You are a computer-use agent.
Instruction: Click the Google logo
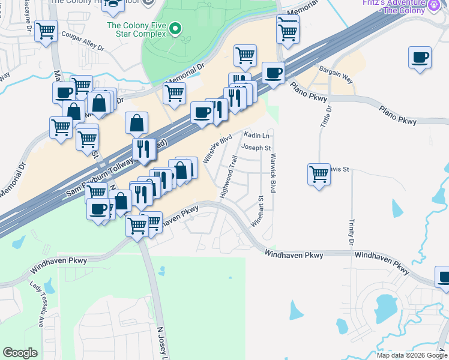click(x=20, y=353)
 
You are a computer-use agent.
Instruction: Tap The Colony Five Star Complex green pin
click(x=175, y=28)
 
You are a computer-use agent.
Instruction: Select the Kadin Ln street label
click(x=256, y=136)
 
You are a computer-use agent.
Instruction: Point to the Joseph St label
click(x=256, y=148)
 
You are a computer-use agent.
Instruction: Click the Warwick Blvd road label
click(x=273, y=173)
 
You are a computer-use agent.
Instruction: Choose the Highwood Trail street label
click(x=229, y=177)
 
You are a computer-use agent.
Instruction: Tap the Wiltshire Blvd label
click(x=217, y=149)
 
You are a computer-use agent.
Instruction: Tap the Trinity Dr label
click(x=351, y=232)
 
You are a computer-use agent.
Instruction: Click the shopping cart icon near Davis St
click(x=319, y=174)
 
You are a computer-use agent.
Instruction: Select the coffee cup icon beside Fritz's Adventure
click(x=420, y=58)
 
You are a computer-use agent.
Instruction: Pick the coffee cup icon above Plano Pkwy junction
click(x=273, y=73)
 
